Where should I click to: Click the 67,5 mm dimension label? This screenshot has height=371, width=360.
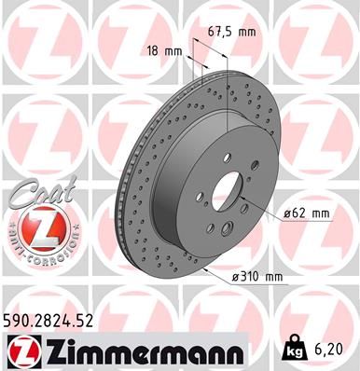pyautogui.click(x=233, y=33)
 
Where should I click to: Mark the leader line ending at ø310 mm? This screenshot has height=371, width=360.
pyautogui.click(x=224, y=261)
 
